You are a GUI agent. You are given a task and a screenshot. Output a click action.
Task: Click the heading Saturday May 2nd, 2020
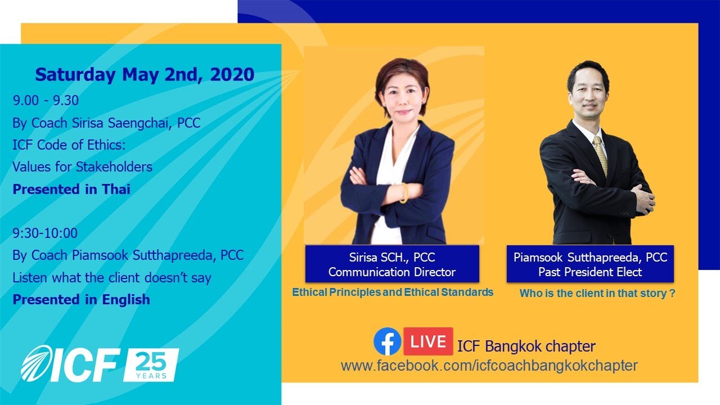[x=145, y=74]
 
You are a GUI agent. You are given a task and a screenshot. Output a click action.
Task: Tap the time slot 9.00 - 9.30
[x=46, y=101]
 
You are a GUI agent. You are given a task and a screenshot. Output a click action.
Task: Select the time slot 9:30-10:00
[x=45, y=233]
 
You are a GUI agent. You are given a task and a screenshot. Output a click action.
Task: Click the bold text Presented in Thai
[x=71, y=189]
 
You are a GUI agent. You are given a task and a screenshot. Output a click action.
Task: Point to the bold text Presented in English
[x=81, y=299]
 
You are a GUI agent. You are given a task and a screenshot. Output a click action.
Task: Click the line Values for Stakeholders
[x=82, y=166]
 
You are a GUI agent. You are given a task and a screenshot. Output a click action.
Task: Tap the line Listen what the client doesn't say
[x=112, y=277]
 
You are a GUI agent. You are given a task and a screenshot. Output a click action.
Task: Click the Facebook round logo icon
[x=387, y=342]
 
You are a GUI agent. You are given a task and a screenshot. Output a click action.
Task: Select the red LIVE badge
[x=428, y=341]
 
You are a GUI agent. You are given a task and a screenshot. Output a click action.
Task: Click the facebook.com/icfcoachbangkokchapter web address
[x=489, y=366]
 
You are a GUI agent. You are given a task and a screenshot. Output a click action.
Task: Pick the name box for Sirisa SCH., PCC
[x=392, y=264]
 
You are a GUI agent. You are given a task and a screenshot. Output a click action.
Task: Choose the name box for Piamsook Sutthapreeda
[x=590, y=264]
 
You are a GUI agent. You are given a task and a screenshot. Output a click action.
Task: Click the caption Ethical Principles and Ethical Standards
[x=393, y=292]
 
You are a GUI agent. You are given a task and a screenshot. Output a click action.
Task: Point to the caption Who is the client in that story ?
[x=597, y=293]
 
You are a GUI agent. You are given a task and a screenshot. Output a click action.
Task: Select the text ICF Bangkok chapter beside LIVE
[x=526, y=345]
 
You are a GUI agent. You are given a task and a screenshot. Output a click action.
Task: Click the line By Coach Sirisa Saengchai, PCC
[x=106, y=123]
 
